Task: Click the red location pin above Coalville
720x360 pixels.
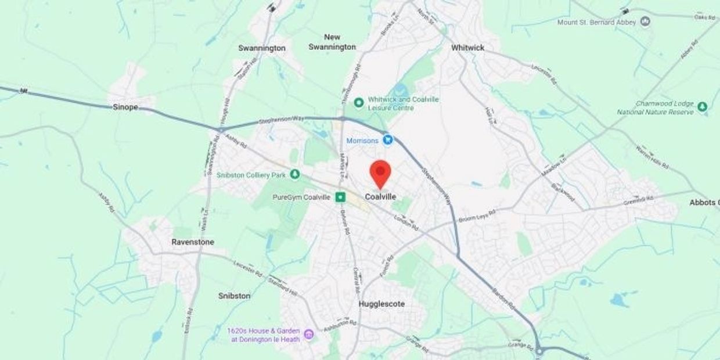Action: coord(380,171)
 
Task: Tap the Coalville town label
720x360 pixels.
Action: coord(380,197)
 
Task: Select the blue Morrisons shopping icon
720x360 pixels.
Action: coord(388,140)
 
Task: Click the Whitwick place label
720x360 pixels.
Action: coord(467,48)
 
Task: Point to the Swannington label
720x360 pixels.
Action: coord(262,48)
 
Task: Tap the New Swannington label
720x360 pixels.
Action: coord(332,42)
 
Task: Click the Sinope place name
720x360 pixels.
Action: coord(125,107)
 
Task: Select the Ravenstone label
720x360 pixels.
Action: coord(193,242)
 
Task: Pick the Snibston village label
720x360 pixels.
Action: coord(235,296)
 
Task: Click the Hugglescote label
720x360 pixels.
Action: coord(381,304)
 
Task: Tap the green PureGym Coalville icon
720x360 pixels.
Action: coord(341,197)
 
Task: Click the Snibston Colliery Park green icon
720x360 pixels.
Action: coord(295,174)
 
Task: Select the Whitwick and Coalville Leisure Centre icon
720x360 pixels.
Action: coord(359,103)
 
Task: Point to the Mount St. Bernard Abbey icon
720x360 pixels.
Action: coord(645,22)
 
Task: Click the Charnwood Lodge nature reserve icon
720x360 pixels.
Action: coord(702,107)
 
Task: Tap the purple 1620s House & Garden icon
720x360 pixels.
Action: coord(309,334)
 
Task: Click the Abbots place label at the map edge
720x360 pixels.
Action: coord(704,203)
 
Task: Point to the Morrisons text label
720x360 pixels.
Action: coord(362,141)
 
